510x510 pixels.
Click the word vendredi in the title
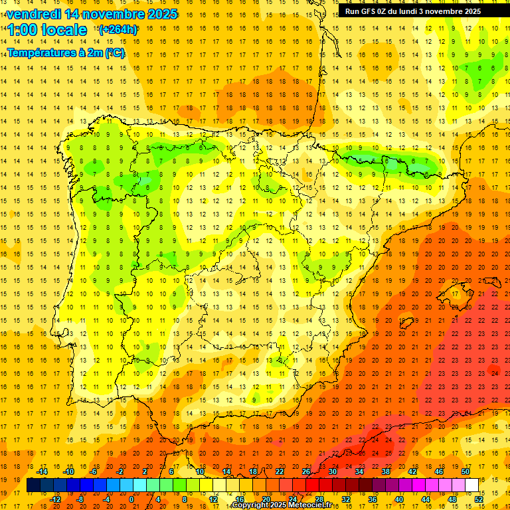[x=33, y=14]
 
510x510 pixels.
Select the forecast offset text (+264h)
[x=118, y=29]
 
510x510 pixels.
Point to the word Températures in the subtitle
[x=42, y=52]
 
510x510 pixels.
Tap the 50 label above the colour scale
[x=465, y=471]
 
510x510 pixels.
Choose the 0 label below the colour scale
[x=131, y=499]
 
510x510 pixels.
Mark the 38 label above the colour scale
[x=385, y=471]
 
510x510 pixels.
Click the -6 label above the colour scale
[x=94, y=471]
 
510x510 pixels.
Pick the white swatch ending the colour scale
[x=471, y=485]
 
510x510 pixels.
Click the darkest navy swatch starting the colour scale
[x=33, y=485]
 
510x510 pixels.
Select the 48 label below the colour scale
[x=452, y=499]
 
